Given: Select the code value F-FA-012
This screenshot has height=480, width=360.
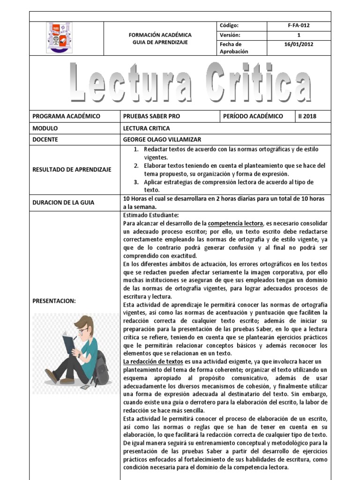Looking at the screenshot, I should (x=299, y=25).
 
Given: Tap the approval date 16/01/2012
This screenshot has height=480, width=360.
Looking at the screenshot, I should (x=299, y=45).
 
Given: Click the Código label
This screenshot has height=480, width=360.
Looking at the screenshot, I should (x=229, y=25).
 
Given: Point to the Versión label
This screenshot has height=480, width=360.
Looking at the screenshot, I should (x=230, y=35).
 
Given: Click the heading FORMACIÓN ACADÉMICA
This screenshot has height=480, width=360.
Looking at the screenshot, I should (x=160, y=35).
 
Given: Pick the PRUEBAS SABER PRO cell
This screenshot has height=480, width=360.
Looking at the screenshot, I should (x=151, y=116).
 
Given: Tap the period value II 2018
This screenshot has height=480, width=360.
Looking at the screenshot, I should (x=307, y=116).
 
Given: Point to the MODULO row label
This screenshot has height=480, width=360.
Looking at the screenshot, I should (x=45, y=128).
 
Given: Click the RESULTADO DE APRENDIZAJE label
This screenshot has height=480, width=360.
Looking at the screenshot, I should (x=72, y=169).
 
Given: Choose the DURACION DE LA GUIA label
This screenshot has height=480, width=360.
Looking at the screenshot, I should (x=63, y=202).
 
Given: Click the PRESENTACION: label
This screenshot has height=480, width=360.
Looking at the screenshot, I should (x=54, y=301).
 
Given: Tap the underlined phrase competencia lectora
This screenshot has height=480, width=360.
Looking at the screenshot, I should (x=235, y=223).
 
